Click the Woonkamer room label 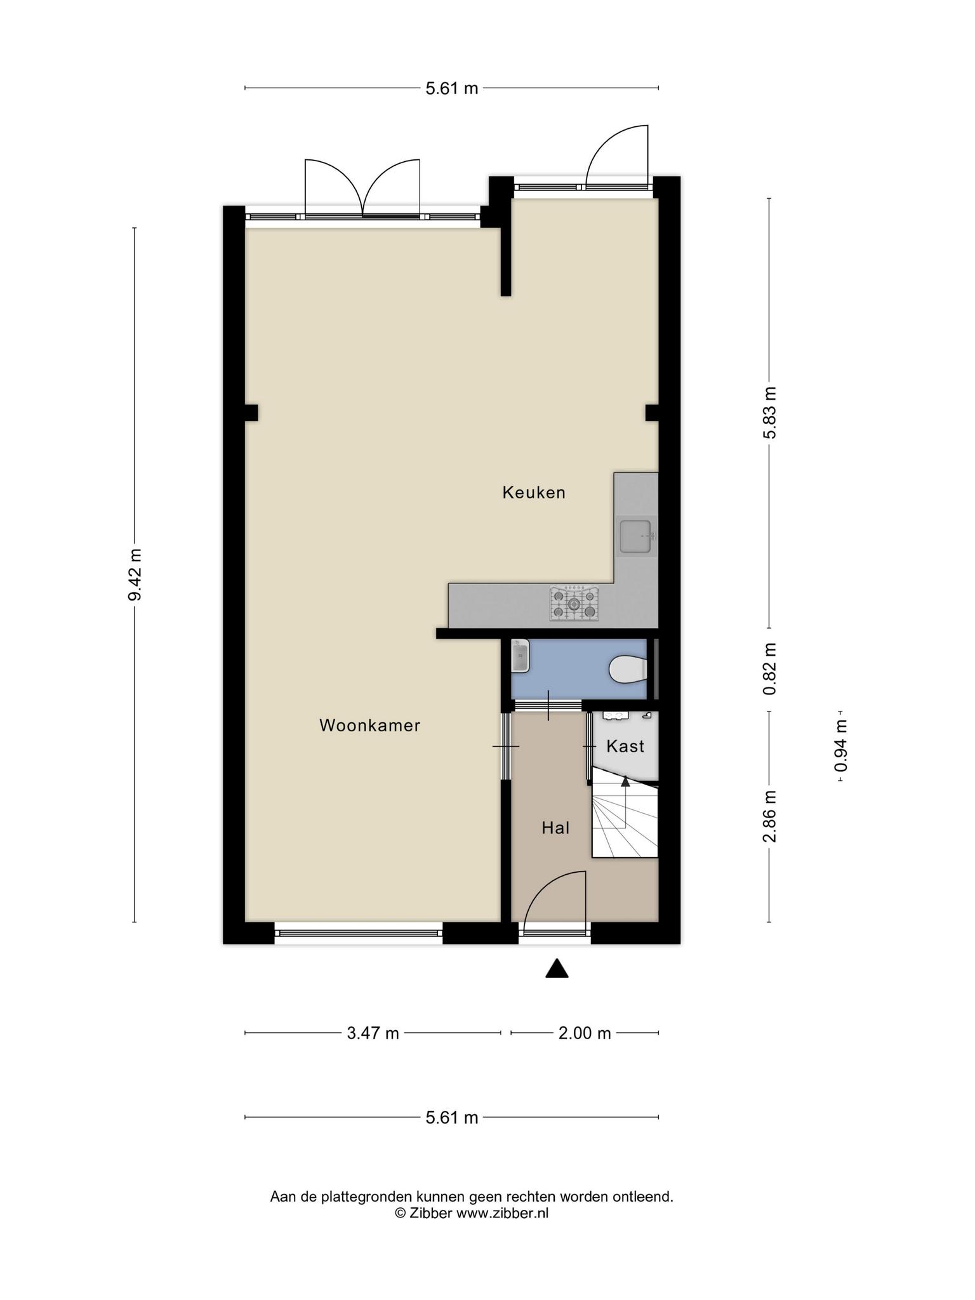pyautogui.click(x=369, y=726)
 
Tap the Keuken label pyautogui.click(x=534, y=493)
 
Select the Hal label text pyautogui.click(x=555, y=828)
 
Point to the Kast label pyautogui.click(x=625, y=746)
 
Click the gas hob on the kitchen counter pyautogui.click(x=574, y=603)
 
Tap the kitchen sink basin pyautogui.click(x=637, y=537)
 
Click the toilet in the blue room pyautogui.click(x=628, y=669)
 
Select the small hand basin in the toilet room pyautogui.click(x=521, y=656)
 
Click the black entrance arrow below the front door pyautogui.click(x=557, y=968)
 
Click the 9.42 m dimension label pyautogui.click(x=134, y=575)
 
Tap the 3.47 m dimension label pyautogui.click(x=373, y=1033)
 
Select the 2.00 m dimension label pyautogui.click(x=585, y=1033)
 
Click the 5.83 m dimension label pyautogui.click(x=769, y=413)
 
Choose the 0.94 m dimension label pyautogui.click(x=841, y=745)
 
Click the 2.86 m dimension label pyautogui.click(x=769, y=817)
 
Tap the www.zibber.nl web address pyautogui.click(x=502, y=1213)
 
